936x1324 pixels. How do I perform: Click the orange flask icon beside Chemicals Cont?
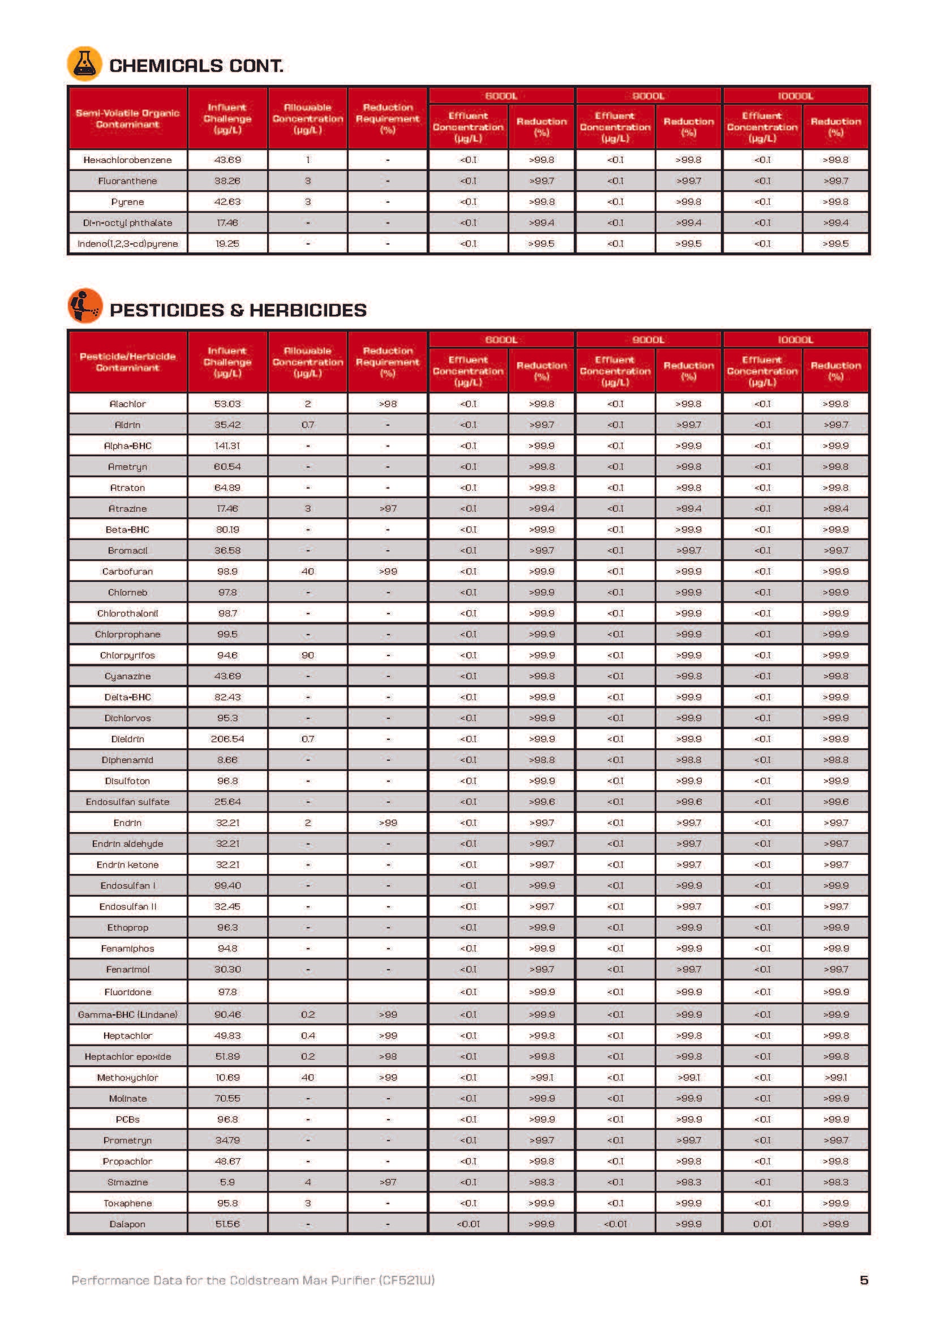point(84,63)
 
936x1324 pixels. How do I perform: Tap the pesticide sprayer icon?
point(85,306)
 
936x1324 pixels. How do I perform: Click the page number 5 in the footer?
point(864,1280)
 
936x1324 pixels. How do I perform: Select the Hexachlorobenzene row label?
point(127,160)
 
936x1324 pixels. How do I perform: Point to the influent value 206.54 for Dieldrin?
point(227,739)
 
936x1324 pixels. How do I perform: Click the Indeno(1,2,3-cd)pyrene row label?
point(127,243)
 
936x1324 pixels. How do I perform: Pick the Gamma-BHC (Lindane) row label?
point(127,1014)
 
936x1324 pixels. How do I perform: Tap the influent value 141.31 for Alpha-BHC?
point(227,445)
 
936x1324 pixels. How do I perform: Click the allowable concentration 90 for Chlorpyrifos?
point(307,655)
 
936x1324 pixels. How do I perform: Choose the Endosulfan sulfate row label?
point(127,802)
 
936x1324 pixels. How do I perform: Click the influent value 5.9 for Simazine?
point(227,1182)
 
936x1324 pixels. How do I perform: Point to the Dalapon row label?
point(127,1224)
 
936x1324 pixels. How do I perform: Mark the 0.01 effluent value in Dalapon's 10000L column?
point(761,1224)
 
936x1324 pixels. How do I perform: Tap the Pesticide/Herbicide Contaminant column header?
point(127,362)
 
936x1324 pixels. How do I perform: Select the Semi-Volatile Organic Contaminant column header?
point(127,118)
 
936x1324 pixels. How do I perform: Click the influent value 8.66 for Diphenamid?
point(227,760)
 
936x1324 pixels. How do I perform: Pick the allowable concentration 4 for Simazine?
point(307,1182)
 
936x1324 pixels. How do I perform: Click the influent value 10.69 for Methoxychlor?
point(227,1077)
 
